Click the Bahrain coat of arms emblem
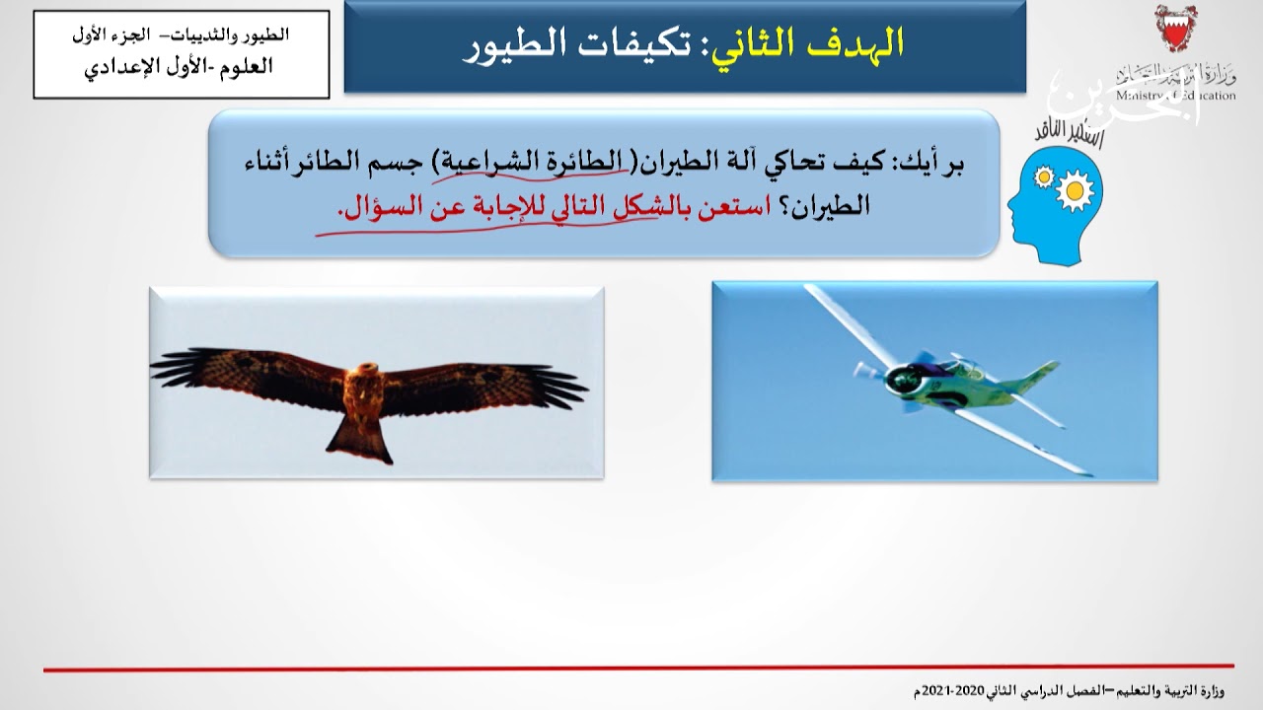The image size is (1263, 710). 1173,31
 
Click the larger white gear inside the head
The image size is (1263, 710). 1074,191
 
